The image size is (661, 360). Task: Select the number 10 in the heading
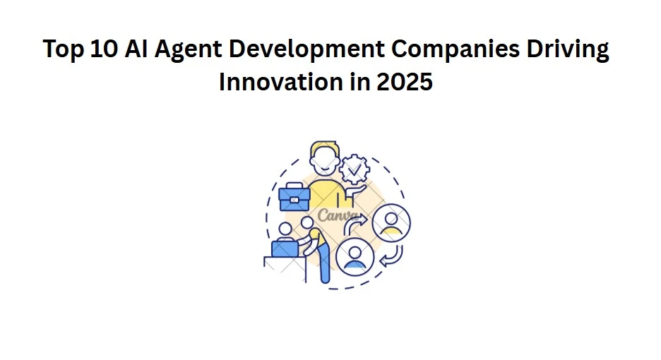(x=103, y=51)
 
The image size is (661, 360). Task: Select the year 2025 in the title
(x=405, y=83)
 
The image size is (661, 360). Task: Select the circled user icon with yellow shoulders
(x=390, y=222)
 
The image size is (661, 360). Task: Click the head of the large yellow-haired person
(x=323, y=158)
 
